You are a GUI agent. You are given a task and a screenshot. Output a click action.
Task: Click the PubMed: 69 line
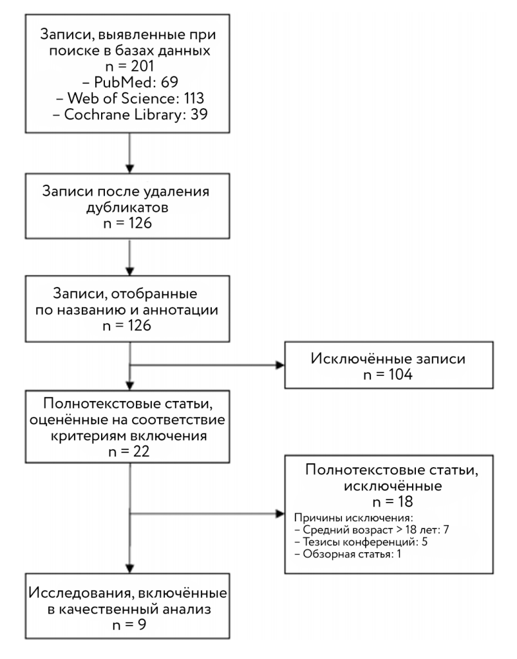pos(130,82)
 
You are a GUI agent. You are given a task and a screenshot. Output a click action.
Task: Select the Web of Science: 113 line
pos(130,98)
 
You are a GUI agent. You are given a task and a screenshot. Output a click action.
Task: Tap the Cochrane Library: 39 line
pos(130,115)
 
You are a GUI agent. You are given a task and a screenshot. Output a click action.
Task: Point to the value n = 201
pos(130,66)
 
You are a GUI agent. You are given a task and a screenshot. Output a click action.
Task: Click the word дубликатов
pos(127,207)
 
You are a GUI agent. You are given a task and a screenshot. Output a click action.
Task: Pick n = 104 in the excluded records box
pos(388,374)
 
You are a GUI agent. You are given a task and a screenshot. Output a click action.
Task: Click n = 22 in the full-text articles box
pos(129,451)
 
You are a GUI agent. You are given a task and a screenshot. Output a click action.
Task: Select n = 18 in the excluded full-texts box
pos(393,501)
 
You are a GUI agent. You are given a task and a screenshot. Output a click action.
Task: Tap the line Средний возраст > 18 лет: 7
pos(371,530)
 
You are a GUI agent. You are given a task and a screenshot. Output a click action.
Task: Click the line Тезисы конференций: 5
pos(361,542)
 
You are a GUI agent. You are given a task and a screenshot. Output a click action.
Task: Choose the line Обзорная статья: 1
pos(348,554)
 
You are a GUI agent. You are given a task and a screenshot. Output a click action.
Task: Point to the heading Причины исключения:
pos(353,518)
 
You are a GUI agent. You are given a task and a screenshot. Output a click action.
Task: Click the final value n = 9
pos(129,624)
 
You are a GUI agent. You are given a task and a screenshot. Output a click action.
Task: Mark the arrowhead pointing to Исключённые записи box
pos(280,365)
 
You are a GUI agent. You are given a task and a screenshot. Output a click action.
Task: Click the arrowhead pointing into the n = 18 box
pos(280,514)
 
